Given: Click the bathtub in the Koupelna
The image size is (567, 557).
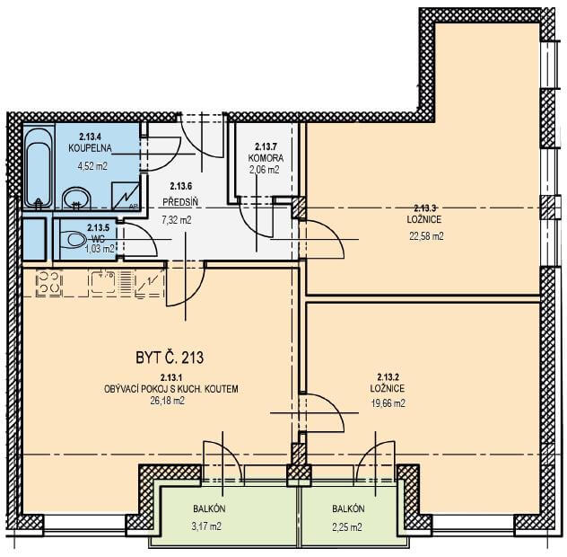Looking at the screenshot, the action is tap(39, 167).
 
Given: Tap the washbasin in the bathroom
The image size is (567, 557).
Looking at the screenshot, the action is tap(76, 198).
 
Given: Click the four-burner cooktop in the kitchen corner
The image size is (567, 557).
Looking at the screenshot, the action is tap(48, 283).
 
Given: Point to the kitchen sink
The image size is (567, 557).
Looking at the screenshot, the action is tap(103, 282).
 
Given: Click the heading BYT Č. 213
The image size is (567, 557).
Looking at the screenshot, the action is tap(170, 358).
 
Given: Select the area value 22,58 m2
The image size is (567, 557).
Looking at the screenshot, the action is tap(426, 236).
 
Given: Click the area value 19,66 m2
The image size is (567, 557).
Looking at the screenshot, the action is tap(388, 403).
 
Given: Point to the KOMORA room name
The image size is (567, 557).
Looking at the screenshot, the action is tap(266, 158).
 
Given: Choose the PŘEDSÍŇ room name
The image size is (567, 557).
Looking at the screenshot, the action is tap(180, 202).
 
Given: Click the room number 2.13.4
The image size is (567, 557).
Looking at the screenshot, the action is tap(90, 137).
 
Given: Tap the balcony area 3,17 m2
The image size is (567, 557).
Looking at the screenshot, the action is tap(206, 526).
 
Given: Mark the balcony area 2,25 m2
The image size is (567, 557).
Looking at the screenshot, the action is tap(347, 527).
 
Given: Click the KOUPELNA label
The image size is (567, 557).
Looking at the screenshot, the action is tap(90, 148).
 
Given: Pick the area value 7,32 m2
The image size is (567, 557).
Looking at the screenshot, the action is tap(176, 220).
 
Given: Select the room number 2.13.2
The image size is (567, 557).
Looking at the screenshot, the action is tap(388, 376).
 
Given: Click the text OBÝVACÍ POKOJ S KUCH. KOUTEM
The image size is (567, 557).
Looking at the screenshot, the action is tap(171, 389).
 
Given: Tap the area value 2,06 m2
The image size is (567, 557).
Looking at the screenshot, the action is tap(265, 170).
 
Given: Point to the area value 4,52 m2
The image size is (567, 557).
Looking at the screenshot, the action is tap(92, 166).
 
